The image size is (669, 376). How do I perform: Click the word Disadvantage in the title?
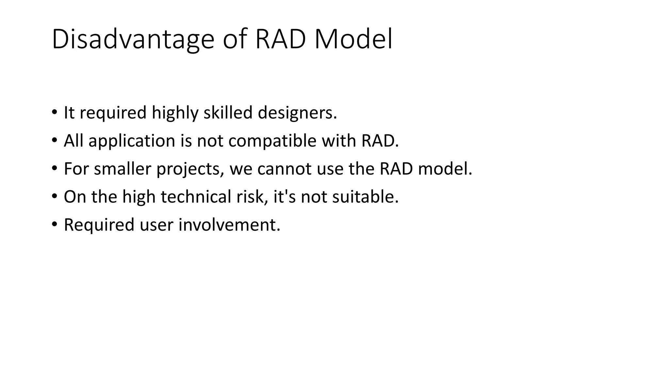(133, 40)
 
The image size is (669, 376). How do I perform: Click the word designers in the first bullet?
(297, 113)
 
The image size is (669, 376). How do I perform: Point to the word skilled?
(228, 113)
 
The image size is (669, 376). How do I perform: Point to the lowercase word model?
(445, 169)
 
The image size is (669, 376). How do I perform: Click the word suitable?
(365, 197)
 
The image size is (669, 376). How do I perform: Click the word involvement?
(229, 225)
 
